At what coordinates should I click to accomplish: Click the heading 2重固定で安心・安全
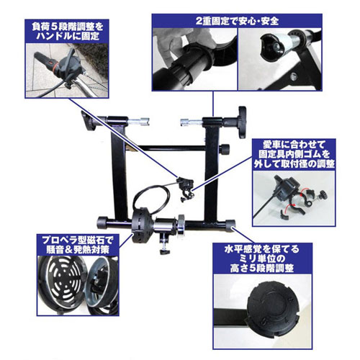click(237, 21)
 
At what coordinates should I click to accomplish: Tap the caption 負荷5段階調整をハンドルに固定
click(67, 31)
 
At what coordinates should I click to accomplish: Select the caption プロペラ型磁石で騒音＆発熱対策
click(78, 245)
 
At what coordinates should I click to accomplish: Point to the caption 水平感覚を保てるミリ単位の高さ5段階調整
click(262, 258)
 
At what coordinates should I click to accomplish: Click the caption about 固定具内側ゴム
click(294, 154)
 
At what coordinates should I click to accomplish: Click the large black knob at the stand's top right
click(242, 122)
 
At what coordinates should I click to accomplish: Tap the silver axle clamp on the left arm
click(139, 121)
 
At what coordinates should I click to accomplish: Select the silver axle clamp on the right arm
click(192, 122)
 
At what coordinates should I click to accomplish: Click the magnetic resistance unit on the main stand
click(141, 226)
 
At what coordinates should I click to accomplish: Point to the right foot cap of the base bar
click(230, 226)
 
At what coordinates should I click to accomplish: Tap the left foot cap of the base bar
click(102, 222)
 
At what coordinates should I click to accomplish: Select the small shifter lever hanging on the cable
click(186, 189)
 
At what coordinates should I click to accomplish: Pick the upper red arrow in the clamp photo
click(304, 191)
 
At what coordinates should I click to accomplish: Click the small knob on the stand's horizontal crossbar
click(225, 149)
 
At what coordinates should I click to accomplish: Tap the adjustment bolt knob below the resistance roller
click(165, 252)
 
